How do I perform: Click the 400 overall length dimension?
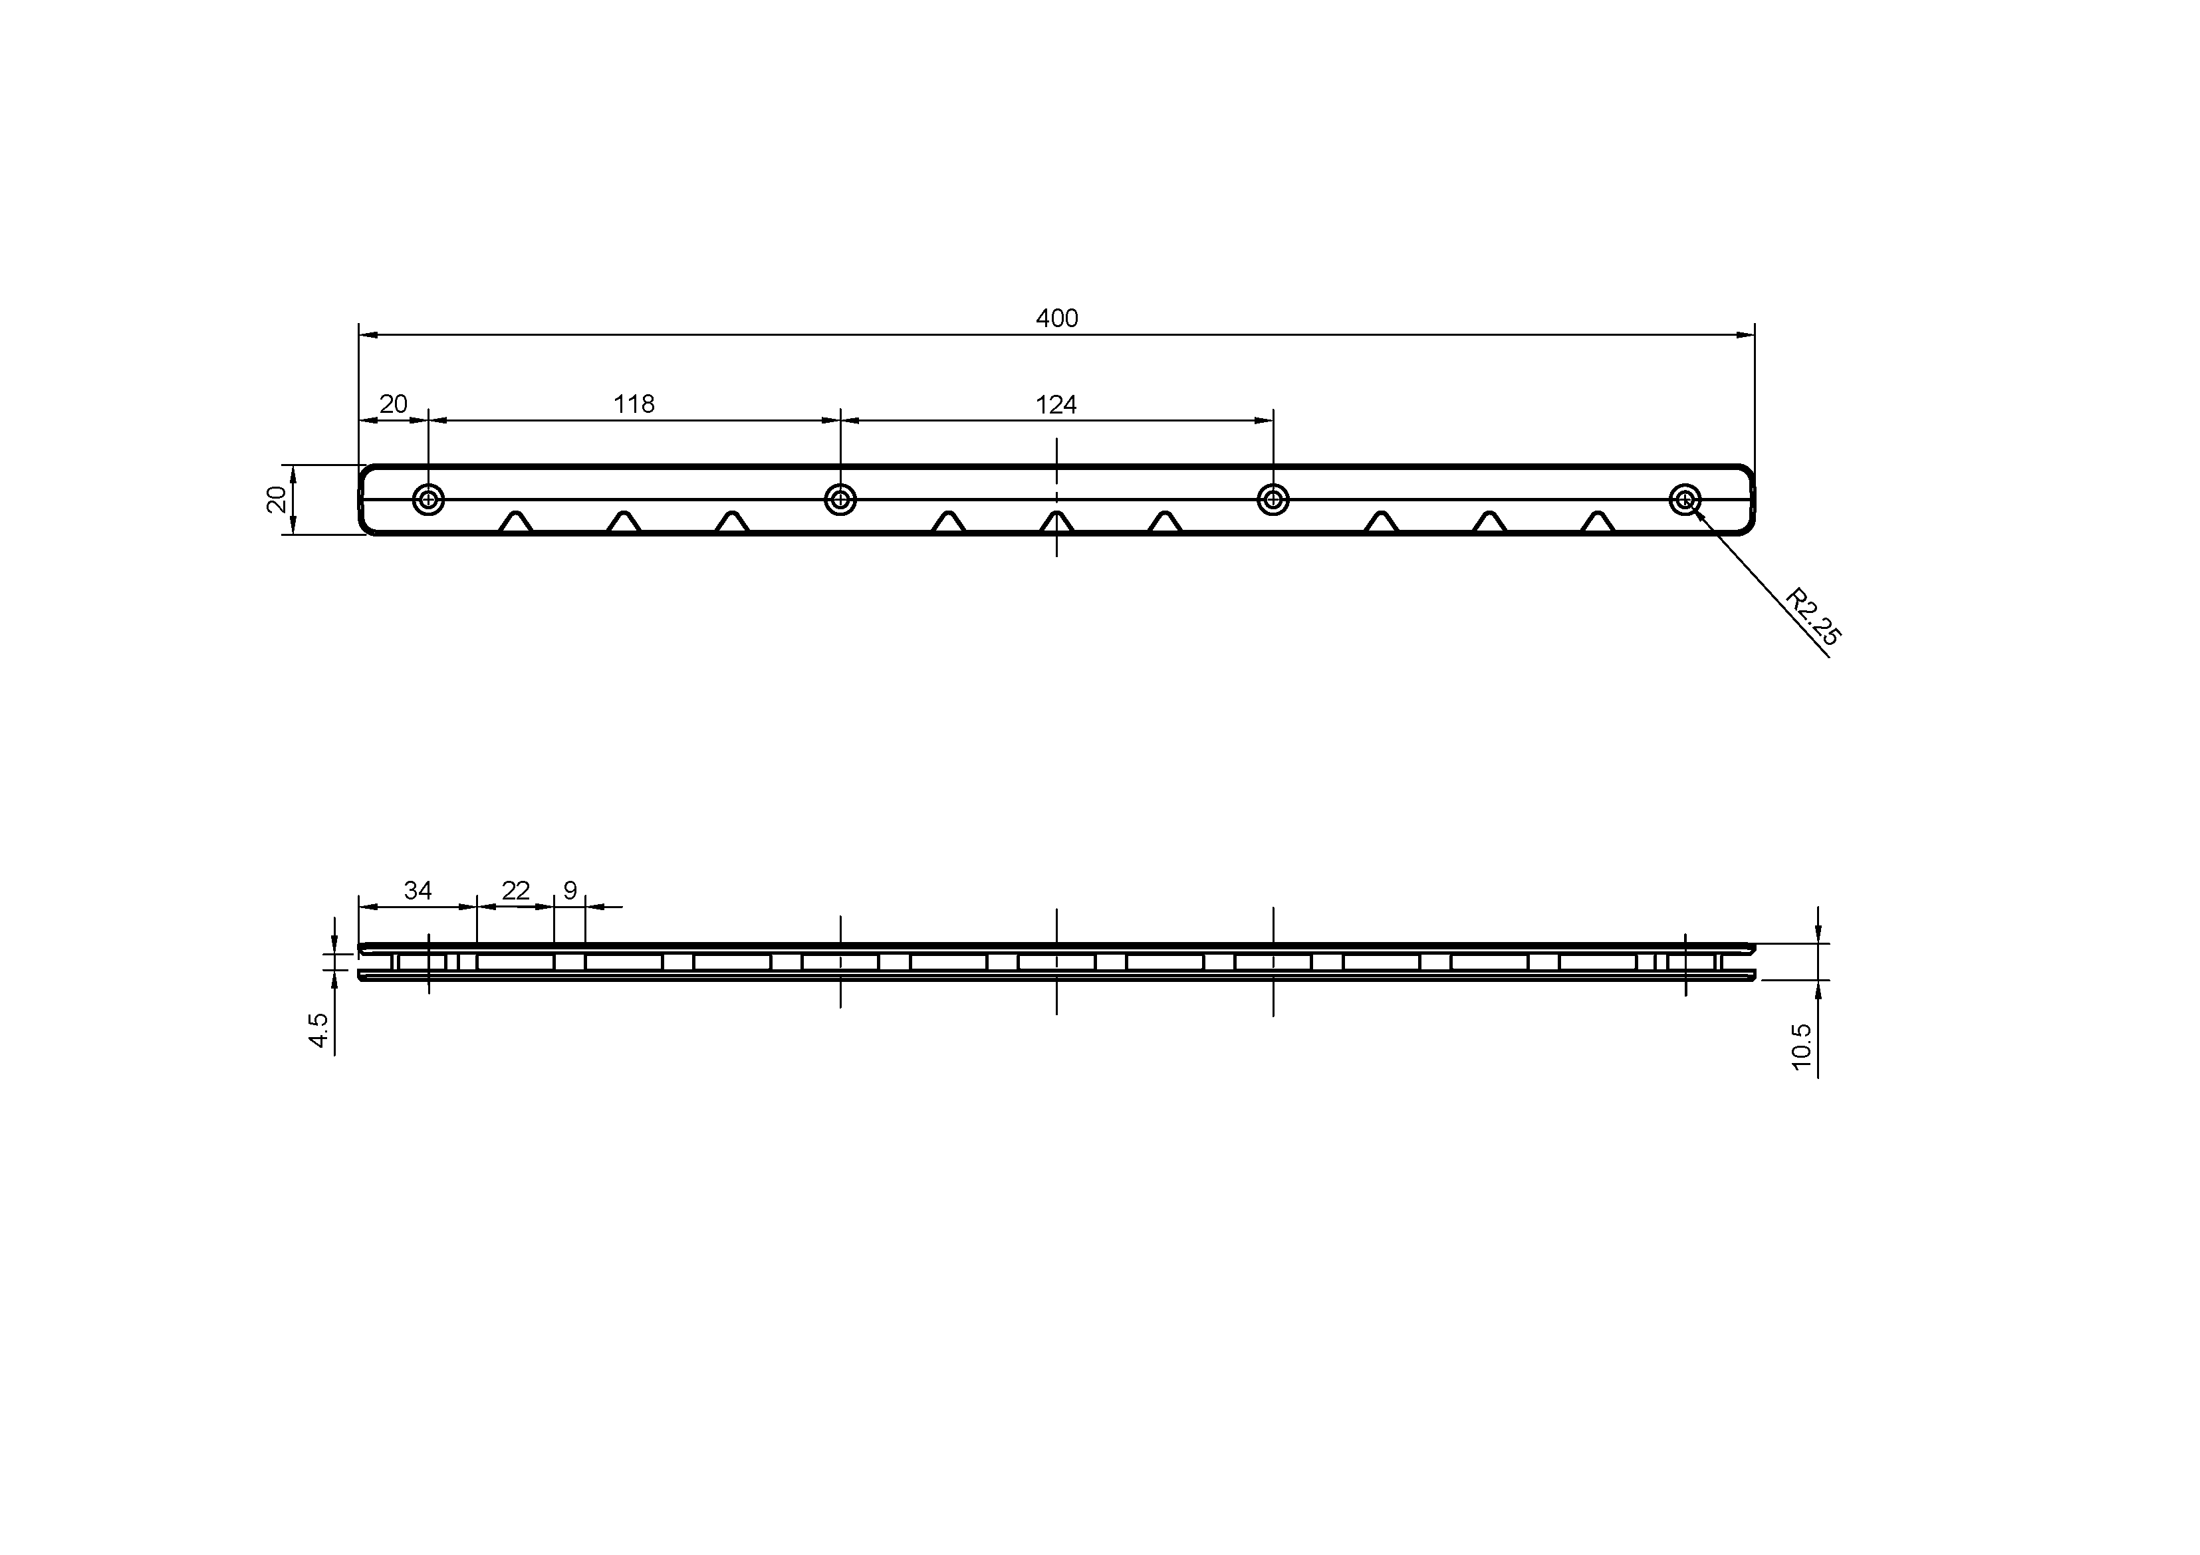(x=1057, y=318)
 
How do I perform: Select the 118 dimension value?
(x=634, y=404)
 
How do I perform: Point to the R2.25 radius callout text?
(x=1814, y=617)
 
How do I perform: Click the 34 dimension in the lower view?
(x=418, y=891)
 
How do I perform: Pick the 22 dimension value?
(x=515, y=891)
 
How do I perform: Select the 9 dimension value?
(x=570, y=891)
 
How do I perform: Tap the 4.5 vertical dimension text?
(x=319, y=1030)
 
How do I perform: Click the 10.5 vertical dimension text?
(x=1801, y=1046)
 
